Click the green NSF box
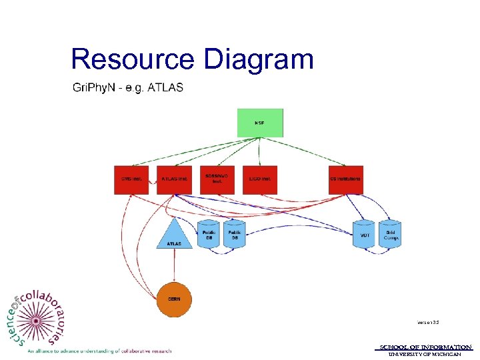[x=260, y=123]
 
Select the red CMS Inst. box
[x=131, y=179]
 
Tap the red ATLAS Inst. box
[x=175, y=179]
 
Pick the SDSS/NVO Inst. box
[x=217, y=179]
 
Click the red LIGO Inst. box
[x=259, y=179]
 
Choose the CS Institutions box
[x=345, y=179]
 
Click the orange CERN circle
[x=174, y=299]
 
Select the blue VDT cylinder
[x=364, y=234]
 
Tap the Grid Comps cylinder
[x=391, y=234]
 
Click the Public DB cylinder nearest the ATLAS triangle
[x=209, y=234]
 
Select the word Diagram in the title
[x=259, y=59]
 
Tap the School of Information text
[x=425, y=347]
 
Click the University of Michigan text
[x=425, y=354]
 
